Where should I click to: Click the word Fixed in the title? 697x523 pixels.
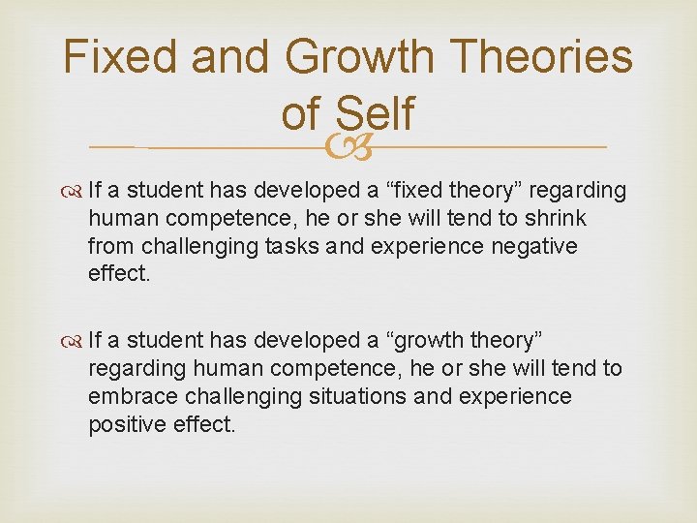click(120, 57)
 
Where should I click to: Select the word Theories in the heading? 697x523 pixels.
click(543, 57)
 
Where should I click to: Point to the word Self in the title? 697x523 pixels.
click(376, 113)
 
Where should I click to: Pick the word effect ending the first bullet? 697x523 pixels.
click(117, 274)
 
